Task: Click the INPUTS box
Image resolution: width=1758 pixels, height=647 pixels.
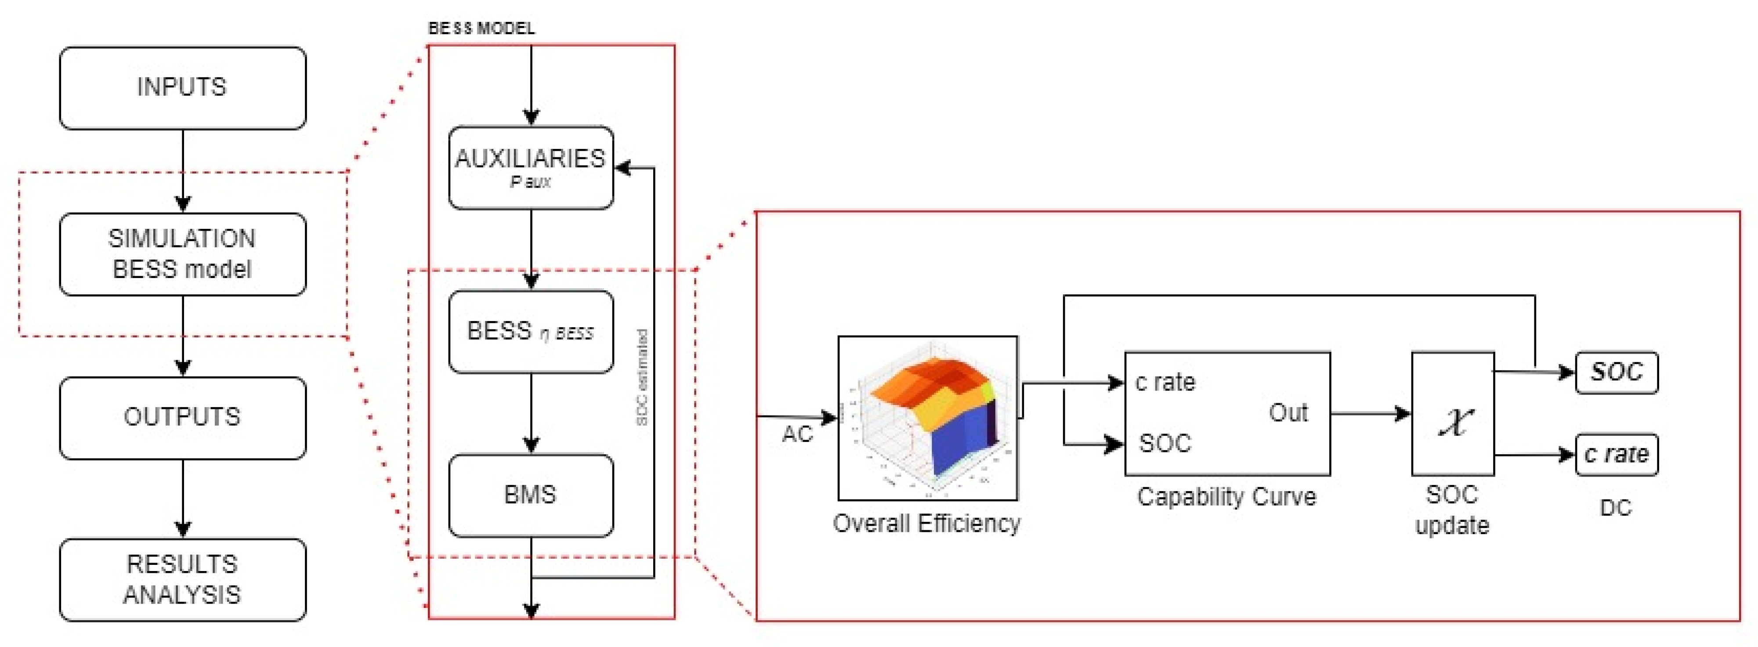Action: (x=182, y=88)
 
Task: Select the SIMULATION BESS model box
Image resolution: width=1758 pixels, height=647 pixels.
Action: (x=182, y=254)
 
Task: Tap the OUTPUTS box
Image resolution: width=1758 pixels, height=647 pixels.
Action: (x=182, y=417)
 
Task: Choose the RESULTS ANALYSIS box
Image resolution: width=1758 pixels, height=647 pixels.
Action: (x=182, y=579)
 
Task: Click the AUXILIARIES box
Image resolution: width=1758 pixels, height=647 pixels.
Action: (x=530, y=167)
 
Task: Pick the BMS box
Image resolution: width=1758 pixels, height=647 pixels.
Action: (x=530, y=495)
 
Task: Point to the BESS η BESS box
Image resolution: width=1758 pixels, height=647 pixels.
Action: (x=530, y=332)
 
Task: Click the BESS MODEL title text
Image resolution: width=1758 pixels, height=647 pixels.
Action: (x=481, y=28)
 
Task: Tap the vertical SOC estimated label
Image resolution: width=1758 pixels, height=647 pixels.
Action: (x=641, y=377)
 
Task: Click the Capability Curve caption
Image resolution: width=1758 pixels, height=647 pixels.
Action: (x=1226, y=496)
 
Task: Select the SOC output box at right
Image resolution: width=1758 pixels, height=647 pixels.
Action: (x=1616, y=372)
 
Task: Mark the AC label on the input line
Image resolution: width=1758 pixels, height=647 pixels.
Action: (x=797, y=434)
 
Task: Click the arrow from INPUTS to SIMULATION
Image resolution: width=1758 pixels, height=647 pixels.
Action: (x=183, y=170)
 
